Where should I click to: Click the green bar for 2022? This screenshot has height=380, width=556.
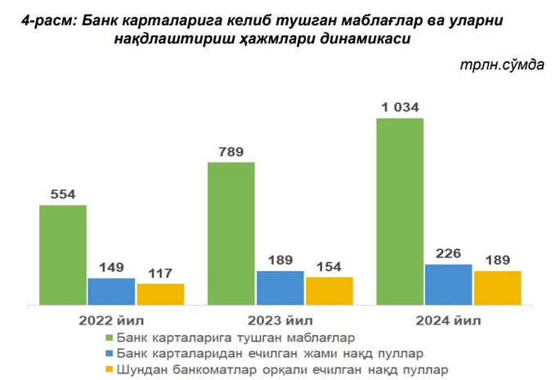[x=63, y=255]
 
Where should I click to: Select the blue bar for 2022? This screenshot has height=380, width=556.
[x=111, y=291]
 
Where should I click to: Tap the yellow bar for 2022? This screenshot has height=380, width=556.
[x=160, y=294]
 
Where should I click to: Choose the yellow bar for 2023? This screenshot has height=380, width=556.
[x=329, y=291]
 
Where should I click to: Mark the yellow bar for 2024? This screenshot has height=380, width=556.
[x=497, y=288]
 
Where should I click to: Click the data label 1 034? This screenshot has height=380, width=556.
[x=400, y=107]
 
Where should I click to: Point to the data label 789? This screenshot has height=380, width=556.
[x=231, y=151]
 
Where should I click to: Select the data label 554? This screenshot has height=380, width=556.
[x=63, y=194]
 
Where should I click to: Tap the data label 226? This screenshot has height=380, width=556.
[x=449, y=253]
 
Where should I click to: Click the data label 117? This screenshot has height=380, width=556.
[x=160, y=273]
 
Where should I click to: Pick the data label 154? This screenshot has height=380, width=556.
[x=329, y=266]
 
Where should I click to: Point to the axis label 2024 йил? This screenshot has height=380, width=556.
[x=449, y=319]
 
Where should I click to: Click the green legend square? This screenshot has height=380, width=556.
[x=109, y=337]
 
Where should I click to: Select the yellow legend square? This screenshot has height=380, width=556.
[x=109, y=369]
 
